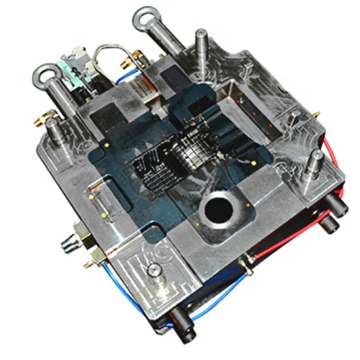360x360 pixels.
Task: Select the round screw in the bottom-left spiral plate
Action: (x=151, y=269)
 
